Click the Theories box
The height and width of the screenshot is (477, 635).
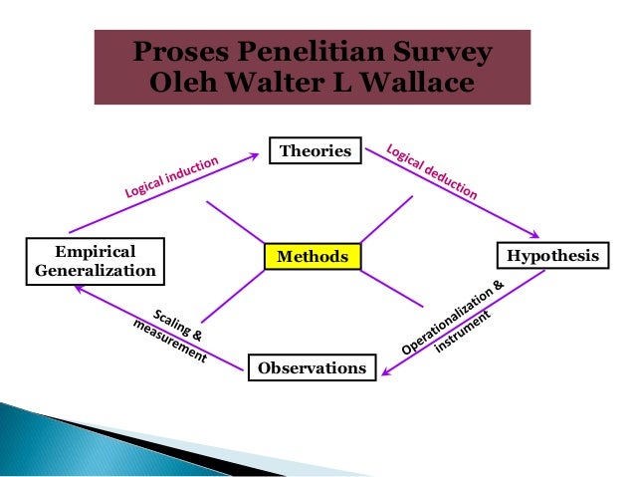point(316,151)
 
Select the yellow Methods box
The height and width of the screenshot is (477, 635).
point(312,257)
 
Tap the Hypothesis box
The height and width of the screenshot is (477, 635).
point(552,256)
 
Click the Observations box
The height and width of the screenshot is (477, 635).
point(312,368)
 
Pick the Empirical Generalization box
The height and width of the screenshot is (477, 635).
point(95,261)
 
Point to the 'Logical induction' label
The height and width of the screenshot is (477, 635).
point(170,180)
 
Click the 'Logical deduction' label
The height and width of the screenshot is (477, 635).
point(431,175)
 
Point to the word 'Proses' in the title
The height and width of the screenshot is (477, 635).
point(184,53)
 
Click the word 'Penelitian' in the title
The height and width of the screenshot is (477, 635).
point(313,53)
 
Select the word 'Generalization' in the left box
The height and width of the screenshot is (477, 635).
point(95,270)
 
